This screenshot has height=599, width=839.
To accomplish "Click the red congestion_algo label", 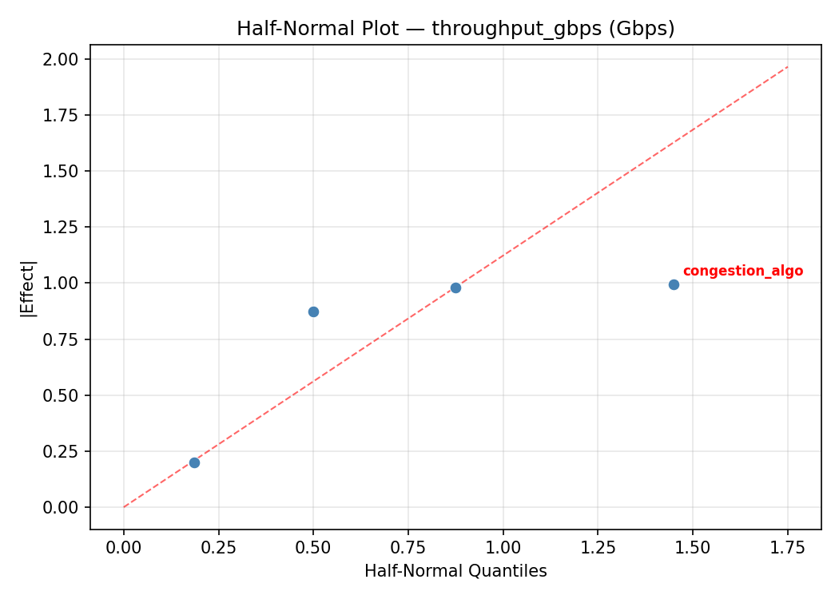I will coord(742,271).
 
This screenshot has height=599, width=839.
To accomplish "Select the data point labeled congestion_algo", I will coord(674,284).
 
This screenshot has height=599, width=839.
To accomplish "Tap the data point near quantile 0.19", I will coord(194,462).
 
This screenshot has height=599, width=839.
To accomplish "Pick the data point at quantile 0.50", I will coord(313,311).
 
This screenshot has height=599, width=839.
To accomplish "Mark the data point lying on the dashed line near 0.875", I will coord(455,288).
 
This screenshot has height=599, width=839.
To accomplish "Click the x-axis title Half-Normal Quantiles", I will coord(455,571).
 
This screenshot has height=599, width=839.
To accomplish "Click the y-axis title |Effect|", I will coord(28,288).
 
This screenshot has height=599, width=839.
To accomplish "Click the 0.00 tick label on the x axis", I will coord(124,547).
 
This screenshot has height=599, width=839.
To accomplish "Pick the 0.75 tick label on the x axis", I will coord(408,547).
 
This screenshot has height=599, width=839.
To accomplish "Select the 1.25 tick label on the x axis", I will coord(598,547).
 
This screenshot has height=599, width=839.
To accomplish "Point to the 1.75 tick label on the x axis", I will coord(787,547).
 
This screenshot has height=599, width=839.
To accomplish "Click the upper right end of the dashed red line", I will coord(787,66).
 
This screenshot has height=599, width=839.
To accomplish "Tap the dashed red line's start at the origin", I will coord(125,506).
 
